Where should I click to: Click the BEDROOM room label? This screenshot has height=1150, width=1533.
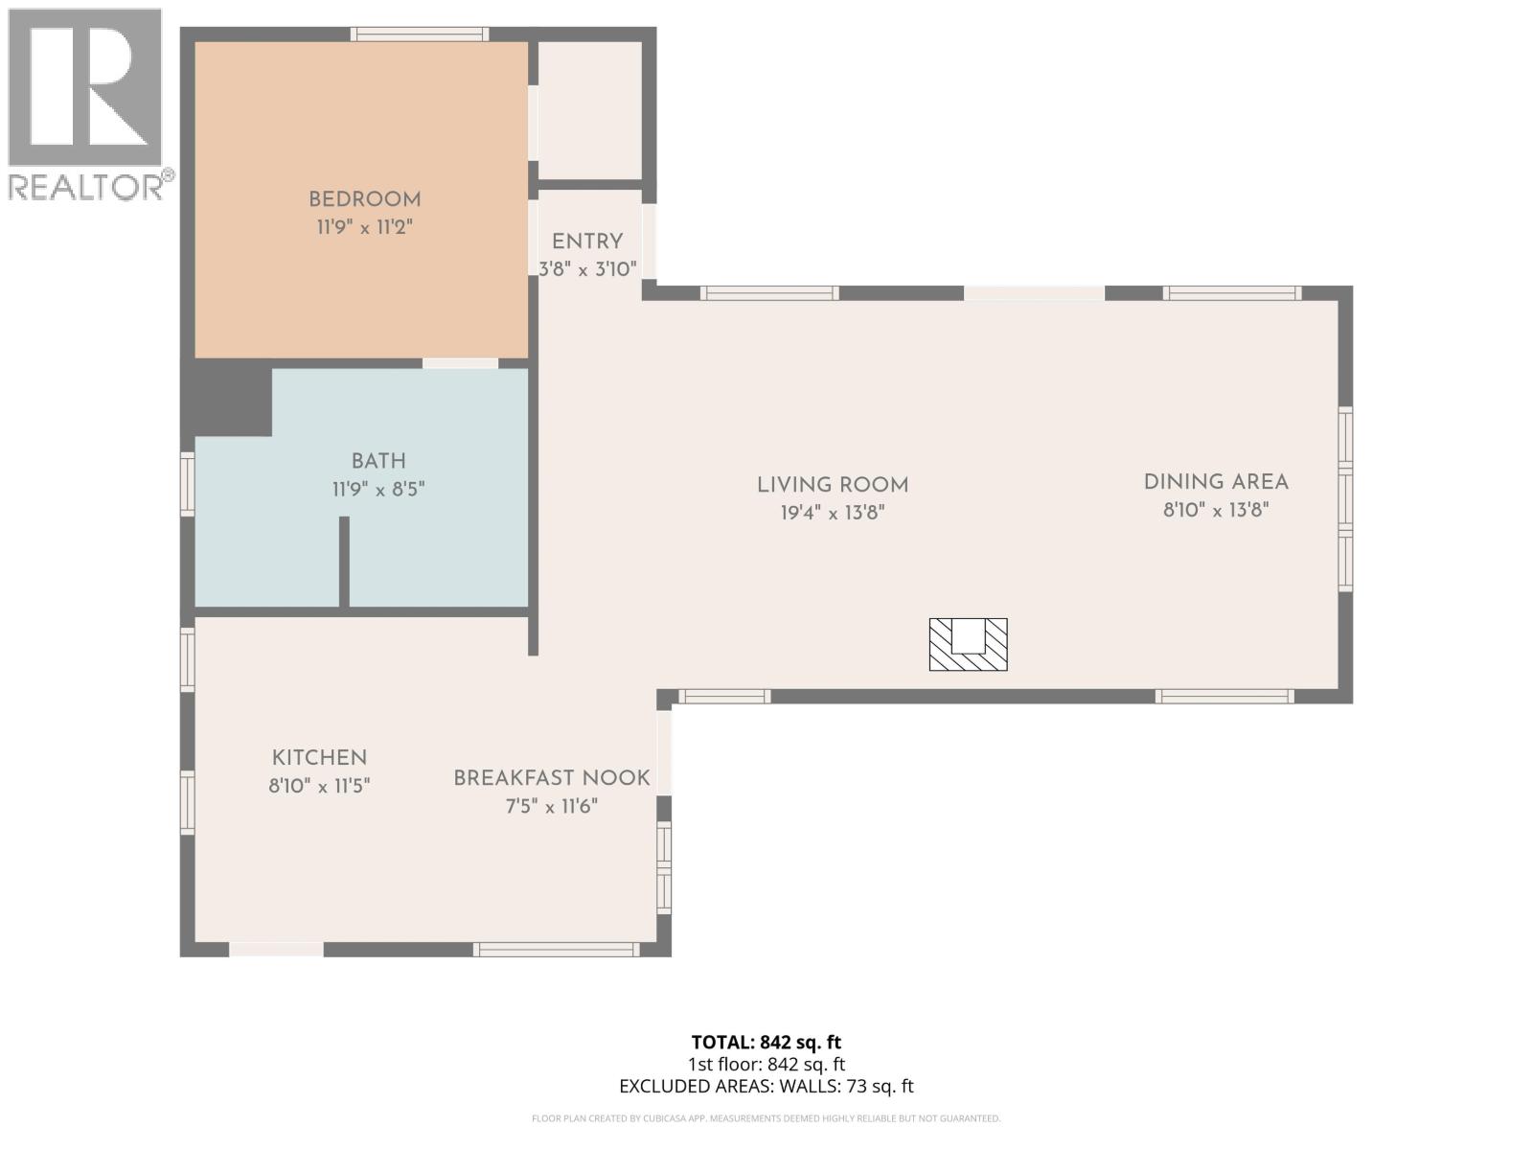pyautogui.click(x=364, y=199)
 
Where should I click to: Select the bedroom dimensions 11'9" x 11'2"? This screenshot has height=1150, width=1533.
pyautogui.click(x=364, y=227)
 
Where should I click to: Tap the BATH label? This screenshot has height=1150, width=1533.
pyautogui.click(x=378, y=461)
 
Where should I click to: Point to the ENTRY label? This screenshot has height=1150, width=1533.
pyautogui.click(x=587, y=241)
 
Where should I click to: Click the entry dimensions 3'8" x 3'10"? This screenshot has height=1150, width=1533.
pyautogui.click(x=587, y=269)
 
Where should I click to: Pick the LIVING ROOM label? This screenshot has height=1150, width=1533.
pyautogui.click(x=833, y=485)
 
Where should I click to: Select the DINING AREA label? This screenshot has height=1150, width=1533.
pyautogui.click(x=1216, y=482)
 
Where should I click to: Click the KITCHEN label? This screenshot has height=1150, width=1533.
pyautogui.click(x=319, y=757)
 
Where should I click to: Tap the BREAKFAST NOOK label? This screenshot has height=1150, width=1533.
pyautogui.click(x=552, y=778)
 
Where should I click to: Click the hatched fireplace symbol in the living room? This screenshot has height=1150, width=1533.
pyautogui.click(x=968, y=644)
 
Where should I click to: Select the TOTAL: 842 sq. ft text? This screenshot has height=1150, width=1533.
pyautogui.click(x=766, y=1042)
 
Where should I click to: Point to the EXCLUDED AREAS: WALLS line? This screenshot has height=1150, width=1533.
pyautogui.click(x=766, y=1086)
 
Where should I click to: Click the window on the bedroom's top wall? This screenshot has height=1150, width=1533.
pyautogui.click(x=420, y=34)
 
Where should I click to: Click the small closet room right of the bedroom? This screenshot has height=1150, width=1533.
pyautogui.click(x=589, y=109)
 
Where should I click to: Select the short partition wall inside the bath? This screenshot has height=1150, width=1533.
pyautogui.click(x=344, y=562)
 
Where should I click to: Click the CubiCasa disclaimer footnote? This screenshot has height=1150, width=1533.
pyautogui.click(x=766, y=1118)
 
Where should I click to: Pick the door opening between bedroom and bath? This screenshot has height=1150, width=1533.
pyautogui.click(x=460, y=363)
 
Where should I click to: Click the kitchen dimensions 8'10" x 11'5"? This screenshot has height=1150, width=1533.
pyautogui.click(x=319, y=786)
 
